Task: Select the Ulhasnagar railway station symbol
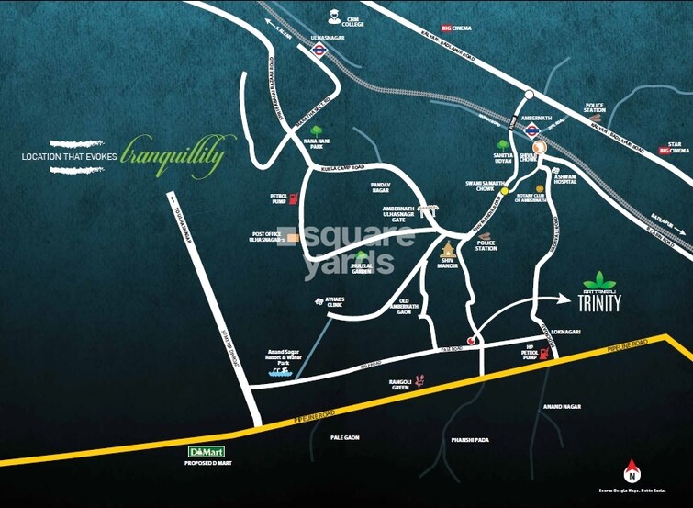coord(319,51)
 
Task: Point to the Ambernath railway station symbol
coord(531,130)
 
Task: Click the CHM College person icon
coord(335,16)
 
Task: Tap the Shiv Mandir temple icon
coord(448,250)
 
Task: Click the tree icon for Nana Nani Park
coord(317,130)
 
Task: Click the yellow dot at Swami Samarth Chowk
coord(504,190)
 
